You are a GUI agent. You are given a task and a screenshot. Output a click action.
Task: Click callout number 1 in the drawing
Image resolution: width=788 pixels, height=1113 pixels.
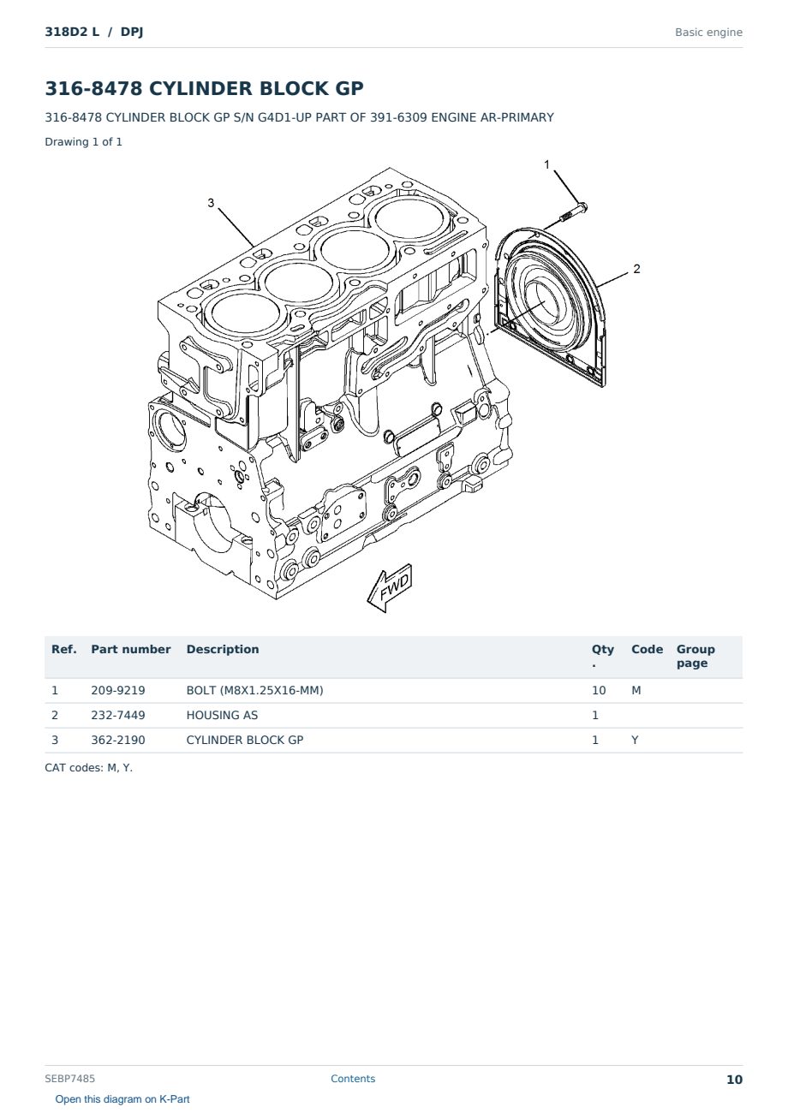coord(546,164)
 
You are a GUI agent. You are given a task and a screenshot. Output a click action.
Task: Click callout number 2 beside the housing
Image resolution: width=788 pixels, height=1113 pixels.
coord(636,269)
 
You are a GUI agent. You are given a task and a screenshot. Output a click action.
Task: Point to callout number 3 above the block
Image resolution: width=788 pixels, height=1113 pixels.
coord(211,203)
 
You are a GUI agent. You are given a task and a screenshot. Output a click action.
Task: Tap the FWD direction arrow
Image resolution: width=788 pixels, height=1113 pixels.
coord(390,588)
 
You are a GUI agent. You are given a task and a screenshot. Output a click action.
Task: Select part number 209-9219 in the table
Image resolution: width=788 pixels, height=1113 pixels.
coord(118,690)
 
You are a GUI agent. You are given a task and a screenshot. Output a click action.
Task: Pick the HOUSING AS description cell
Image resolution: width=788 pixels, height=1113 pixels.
coord(222,715)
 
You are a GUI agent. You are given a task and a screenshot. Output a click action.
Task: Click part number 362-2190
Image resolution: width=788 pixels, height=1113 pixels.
coord(118,740)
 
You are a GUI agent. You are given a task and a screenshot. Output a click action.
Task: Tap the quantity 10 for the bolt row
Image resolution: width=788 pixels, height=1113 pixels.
coord(599,690)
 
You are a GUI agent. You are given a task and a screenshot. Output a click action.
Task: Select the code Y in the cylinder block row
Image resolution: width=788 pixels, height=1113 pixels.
coord(635,740)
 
